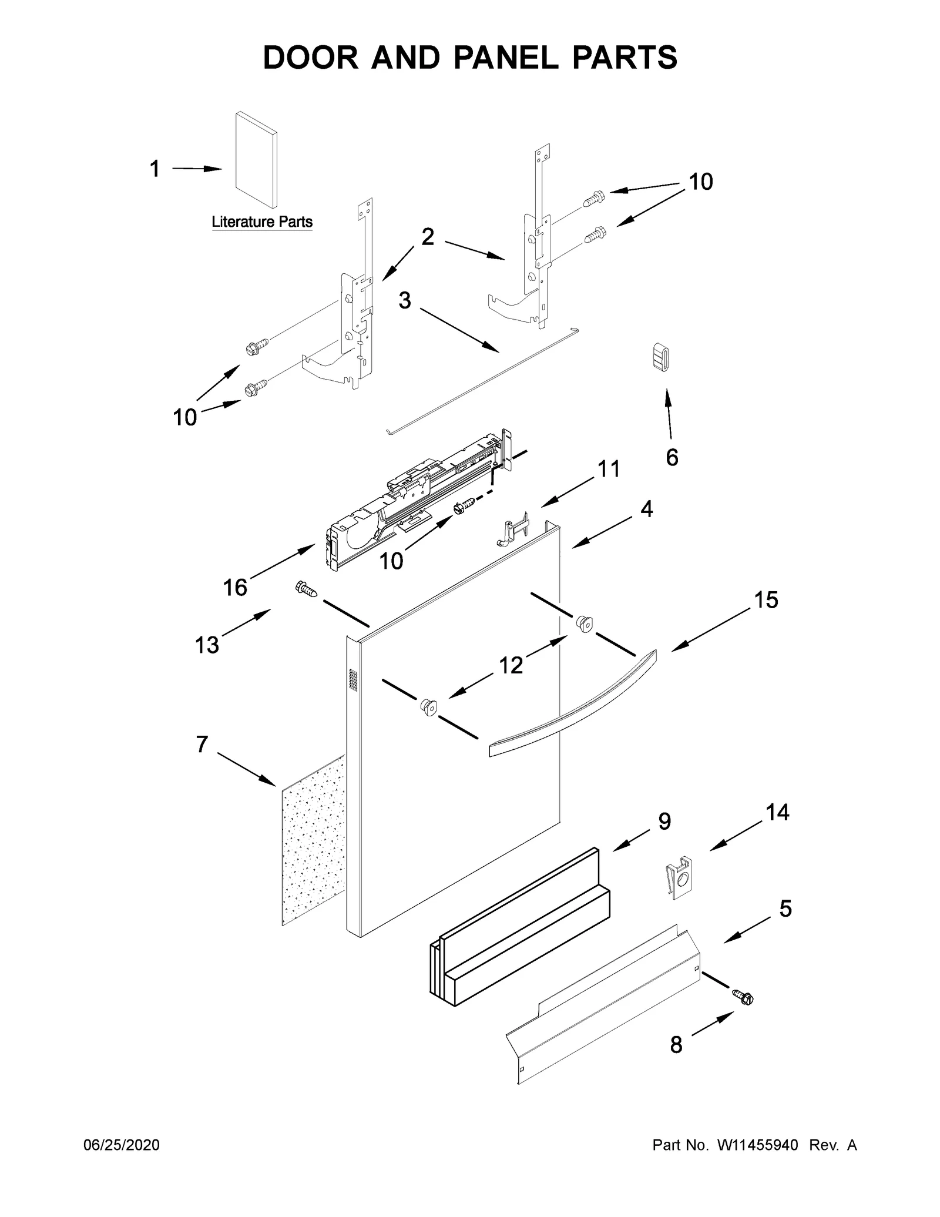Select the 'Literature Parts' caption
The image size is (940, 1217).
(x=262, y=222)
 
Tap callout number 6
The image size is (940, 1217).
(x=672, y=457)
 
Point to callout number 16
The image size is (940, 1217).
(x=235, y=587)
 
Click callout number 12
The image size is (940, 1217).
(x=511, y=665)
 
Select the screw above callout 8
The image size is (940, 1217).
(x=743, y=997)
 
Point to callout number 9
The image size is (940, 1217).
(x=664, y=822)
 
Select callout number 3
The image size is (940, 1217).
(x=405, y=300)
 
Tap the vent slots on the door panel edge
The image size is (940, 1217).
(x=353, y=679)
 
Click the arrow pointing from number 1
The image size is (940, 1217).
(x=197, y=169)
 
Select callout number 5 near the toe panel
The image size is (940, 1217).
(x=785, y=909)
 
